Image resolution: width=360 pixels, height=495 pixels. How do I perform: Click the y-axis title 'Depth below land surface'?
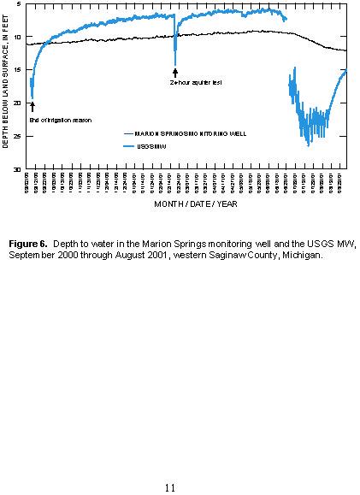pyautogui.click(x=6, y=85)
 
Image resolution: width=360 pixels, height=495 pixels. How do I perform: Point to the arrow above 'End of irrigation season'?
pyautogui.click(x=32, y=107)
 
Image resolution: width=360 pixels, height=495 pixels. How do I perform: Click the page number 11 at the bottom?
pyautogui.click(x=169, y=487)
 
